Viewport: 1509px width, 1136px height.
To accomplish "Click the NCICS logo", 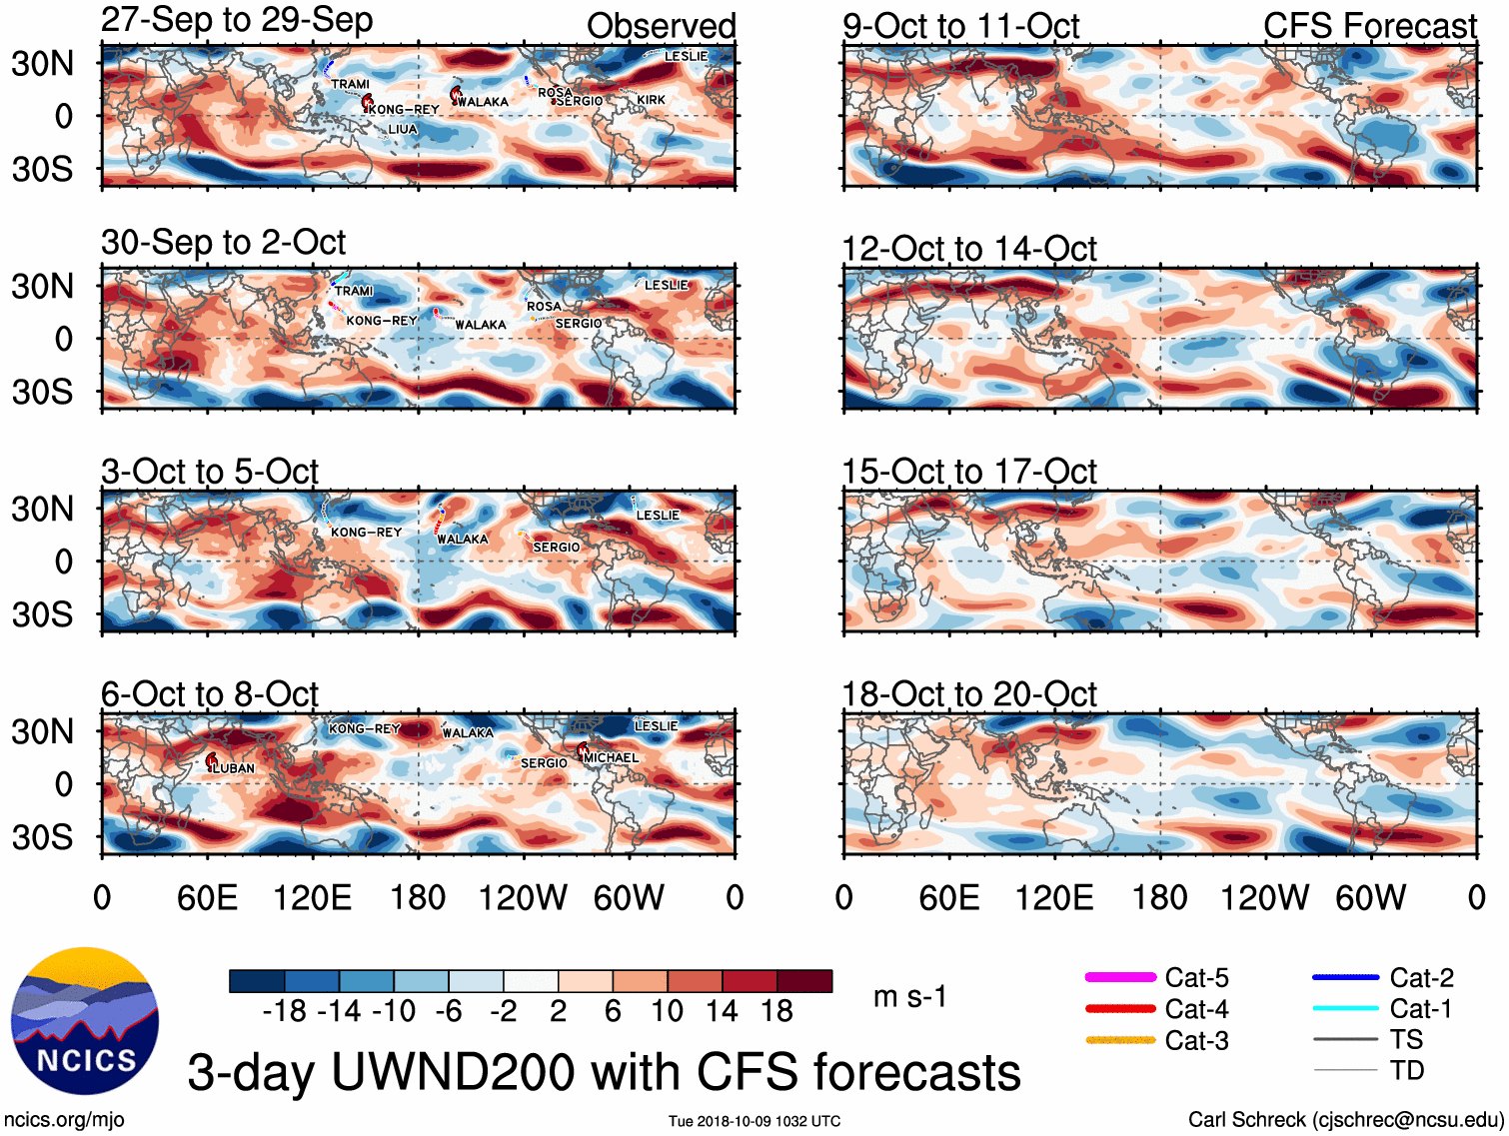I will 85,1020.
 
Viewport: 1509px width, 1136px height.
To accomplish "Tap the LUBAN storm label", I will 234,768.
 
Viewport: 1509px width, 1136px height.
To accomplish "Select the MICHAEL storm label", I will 611,758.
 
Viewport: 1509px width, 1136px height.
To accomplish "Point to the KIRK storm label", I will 652,100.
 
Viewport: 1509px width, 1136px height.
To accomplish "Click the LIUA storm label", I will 403,130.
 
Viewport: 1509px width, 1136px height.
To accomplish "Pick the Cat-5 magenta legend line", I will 1120,977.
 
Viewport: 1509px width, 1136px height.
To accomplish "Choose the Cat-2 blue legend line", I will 1345,977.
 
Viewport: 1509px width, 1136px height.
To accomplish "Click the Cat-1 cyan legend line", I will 1345,1009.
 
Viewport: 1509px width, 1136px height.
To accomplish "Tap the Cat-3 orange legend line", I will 1120,1040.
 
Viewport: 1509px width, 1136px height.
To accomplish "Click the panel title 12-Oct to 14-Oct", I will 969,249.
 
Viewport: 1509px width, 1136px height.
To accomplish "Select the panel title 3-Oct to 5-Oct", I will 210,472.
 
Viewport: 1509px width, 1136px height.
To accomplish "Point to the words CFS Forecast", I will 1369,27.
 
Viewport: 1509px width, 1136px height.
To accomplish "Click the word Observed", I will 661,27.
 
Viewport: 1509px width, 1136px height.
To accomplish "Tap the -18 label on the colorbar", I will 285,1011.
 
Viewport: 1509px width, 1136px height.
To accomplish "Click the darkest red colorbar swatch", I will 804,981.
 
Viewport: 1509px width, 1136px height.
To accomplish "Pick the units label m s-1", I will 909,997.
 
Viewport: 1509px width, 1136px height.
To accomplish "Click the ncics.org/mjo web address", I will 64,1120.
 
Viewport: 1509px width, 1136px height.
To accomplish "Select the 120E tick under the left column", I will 313,897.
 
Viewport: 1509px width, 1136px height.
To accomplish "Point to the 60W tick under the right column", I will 1371,897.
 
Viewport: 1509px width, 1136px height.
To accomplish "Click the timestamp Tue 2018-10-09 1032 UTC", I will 754,1121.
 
